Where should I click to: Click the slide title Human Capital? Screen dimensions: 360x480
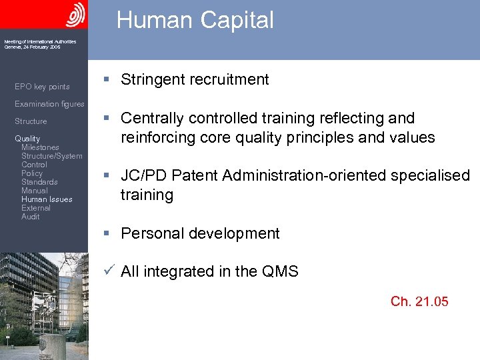click(195, 20)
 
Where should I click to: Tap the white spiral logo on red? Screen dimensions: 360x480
click(76, 14)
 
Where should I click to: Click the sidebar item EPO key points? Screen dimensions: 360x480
click(42, 87)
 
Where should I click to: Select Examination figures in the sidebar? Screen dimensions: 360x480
click(49, 104)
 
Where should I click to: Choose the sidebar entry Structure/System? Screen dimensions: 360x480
click(52, 156)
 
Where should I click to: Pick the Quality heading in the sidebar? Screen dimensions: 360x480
click(27, 139)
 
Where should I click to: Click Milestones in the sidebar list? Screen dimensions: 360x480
click(40, 147)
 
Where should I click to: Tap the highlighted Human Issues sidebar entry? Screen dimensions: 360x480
click(47, 199)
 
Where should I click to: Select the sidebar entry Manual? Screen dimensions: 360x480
click(34, 191)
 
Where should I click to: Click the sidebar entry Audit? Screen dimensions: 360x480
click(30, 217)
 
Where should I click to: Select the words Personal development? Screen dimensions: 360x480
click(200, 234)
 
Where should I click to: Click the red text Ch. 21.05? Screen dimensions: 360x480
click(419, 302)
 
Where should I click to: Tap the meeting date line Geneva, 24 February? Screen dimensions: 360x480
click(32, 47)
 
